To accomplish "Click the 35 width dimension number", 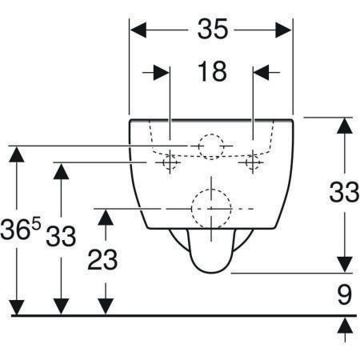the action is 213,29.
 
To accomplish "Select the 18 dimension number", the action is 212,71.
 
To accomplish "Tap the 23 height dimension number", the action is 102,259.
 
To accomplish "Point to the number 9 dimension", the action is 344,294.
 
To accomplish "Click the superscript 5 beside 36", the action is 37,223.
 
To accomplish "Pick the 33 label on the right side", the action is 344,192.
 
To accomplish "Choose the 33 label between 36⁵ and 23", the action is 61,236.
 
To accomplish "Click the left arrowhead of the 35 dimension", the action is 138,30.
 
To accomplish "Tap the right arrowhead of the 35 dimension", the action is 284,30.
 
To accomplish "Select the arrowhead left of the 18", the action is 162,72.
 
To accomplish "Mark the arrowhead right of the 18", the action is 261,72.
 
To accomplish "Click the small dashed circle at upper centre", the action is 211,146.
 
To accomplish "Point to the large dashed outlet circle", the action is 211,209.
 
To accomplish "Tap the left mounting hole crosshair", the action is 170,162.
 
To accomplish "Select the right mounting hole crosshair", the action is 253,162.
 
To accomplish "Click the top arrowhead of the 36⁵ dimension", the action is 17,154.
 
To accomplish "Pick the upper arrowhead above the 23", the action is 106,218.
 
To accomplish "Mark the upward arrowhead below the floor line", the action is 345,325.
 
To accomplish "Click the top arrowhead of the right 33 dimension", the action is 345,126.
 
